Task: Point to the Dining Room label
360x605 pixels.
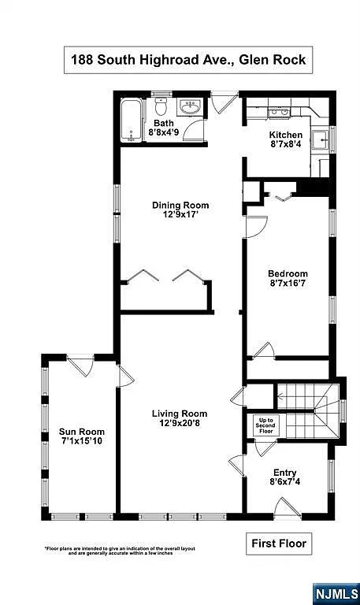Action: click(x=180, y=206)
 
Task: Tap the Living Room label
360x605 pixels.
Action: click(x=180, y=414)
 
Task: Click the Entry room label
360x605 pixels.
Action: click(x=284, y=473)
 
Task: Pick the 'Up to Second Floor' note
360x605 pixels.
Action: click(x=266, y=426)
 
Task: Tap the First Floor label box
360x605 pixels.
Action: click(x=279, y=543)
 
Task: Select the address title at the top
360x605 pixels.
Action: click(x=187, y=59)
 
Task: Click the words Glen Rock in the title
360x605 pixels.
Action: click(x=271, y=59)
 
